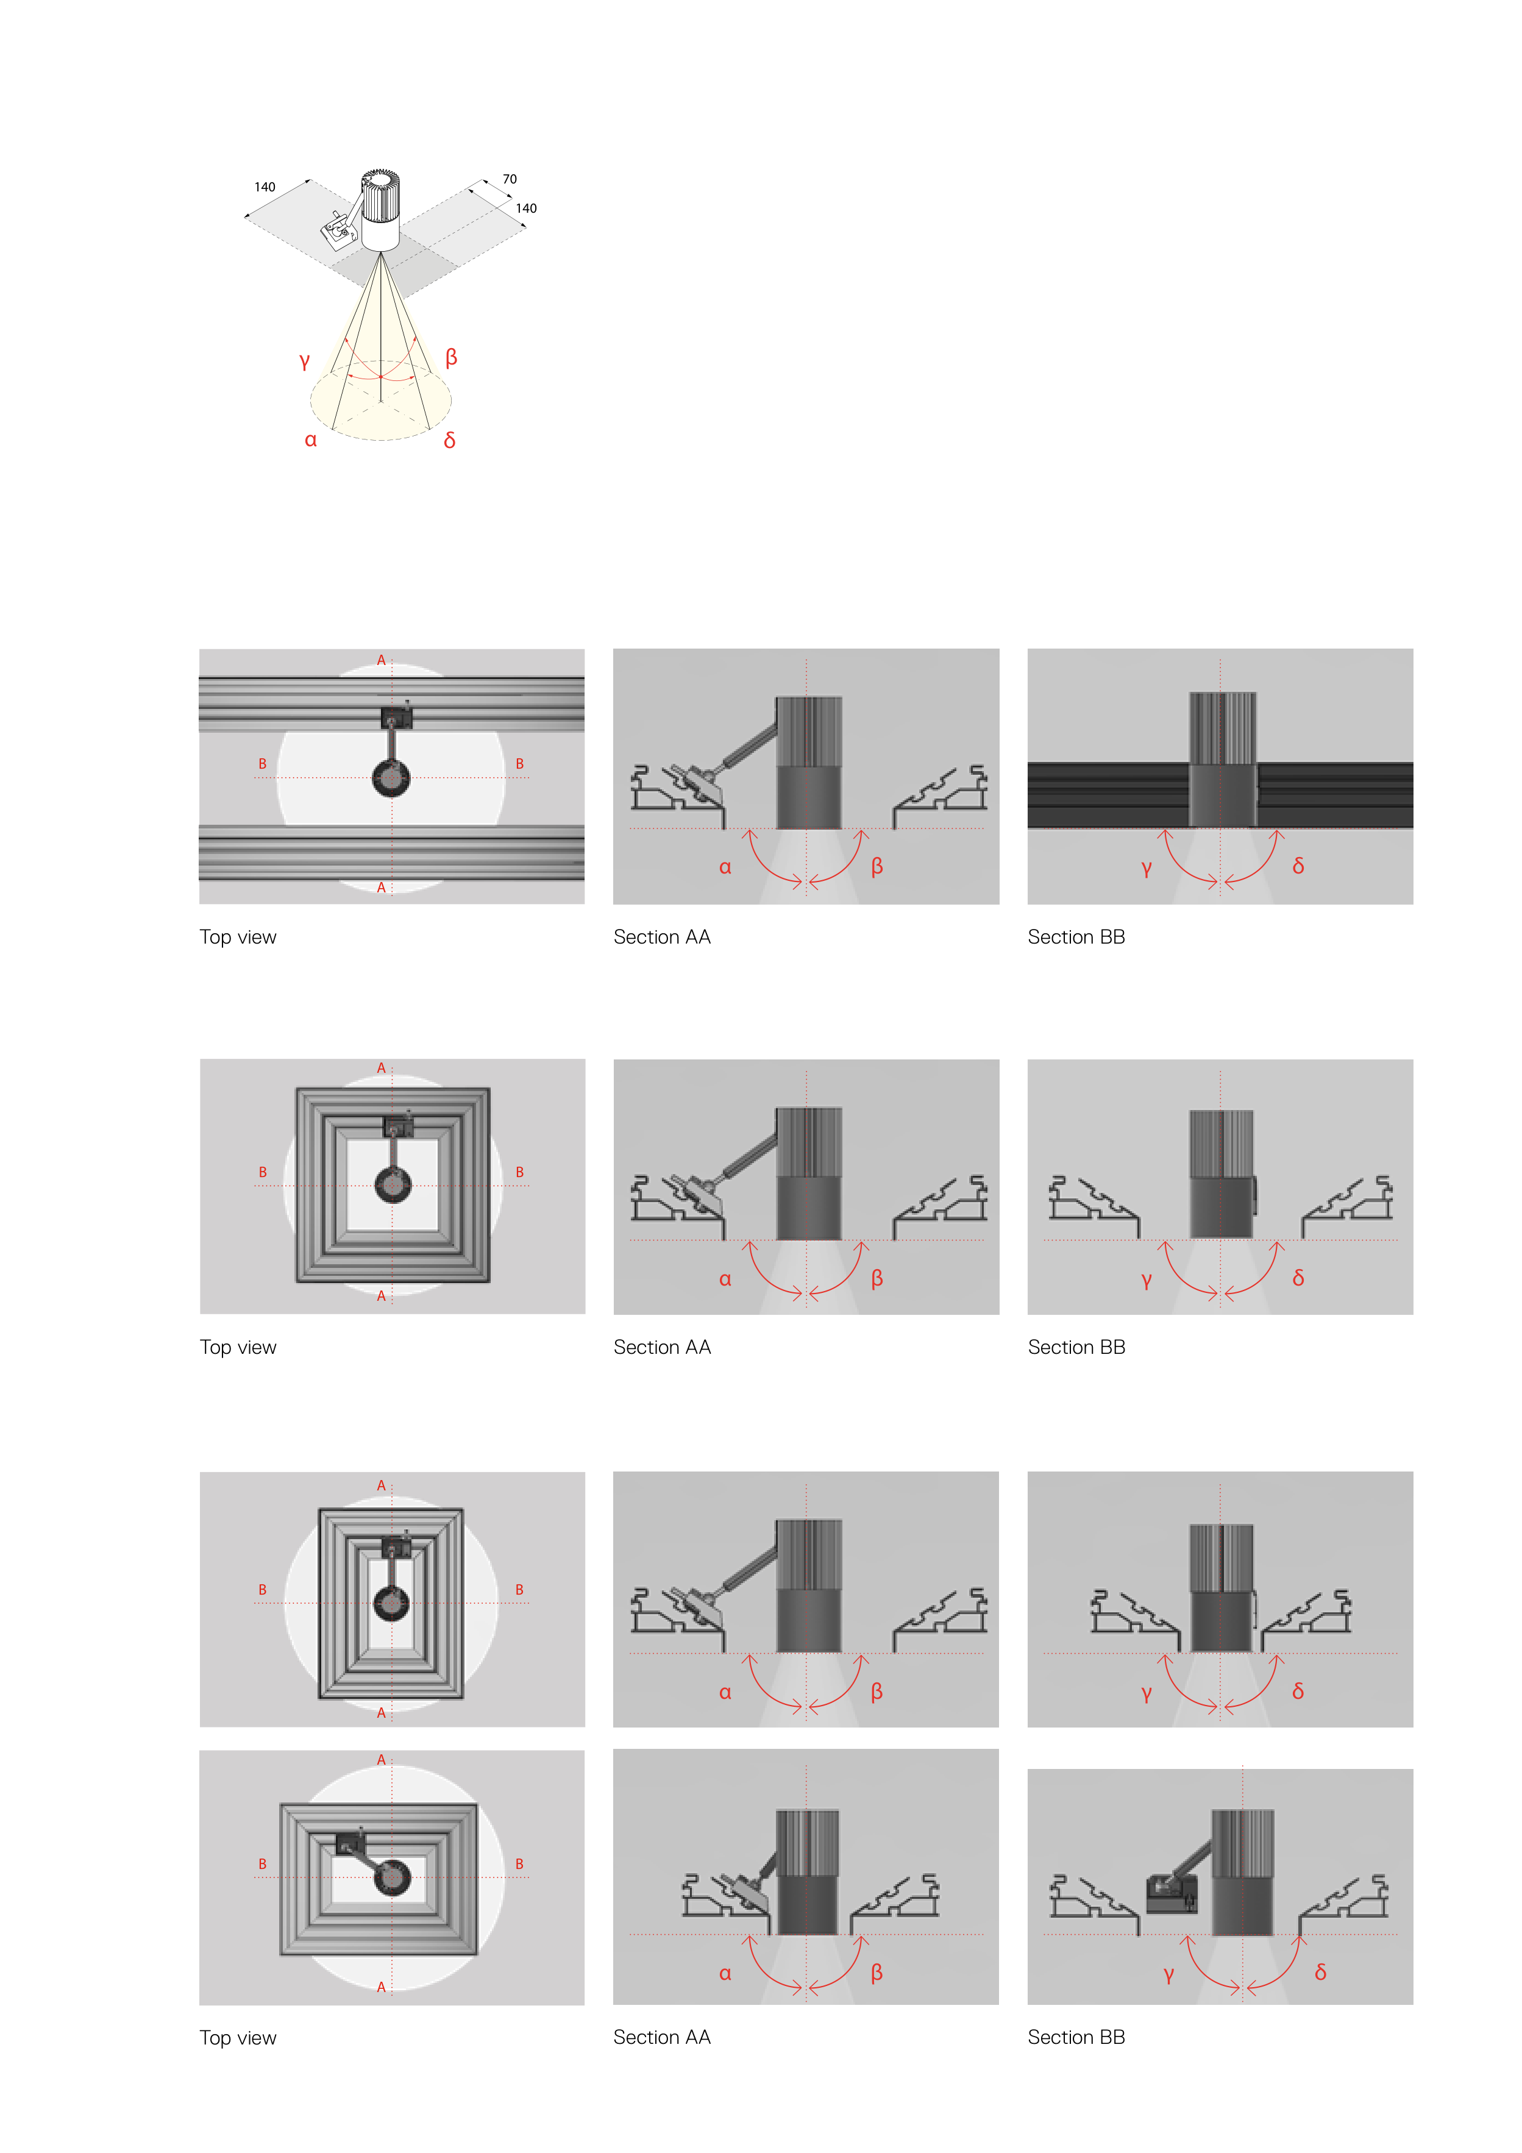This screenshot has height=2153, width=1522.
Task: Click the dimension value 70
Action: pos(509,179)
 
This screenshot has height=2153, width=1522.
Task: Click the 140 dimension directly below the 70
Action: pos(526,208)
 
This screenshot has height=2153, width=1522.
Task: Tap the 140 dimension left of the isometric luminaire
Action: pos(265,187)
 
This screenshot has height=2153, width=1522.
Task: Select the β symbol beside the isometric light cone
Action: pos(451,357)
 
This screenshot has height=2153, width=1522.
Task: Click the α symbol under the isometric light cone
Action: pos(310,439)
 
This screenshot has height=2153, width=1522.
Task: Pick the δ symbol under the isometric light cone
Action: pos(450,439)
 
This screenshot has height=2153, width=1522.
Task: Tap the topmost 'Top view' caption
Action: pos(238,937)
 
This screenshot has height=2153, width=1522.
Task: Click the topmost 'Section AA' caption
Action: pos(662,937)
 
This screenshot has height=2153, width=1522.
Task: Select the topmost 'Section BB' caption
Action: pos(1076,937)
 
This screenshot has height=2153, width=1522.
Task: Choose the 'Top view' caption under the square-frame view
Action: pos(238,1348)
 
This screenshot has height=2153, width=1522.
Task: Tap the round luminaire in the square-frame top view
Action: pos(393,1185)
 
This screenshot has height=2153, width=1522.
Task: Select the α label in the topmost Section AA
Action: pos(725,867)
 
